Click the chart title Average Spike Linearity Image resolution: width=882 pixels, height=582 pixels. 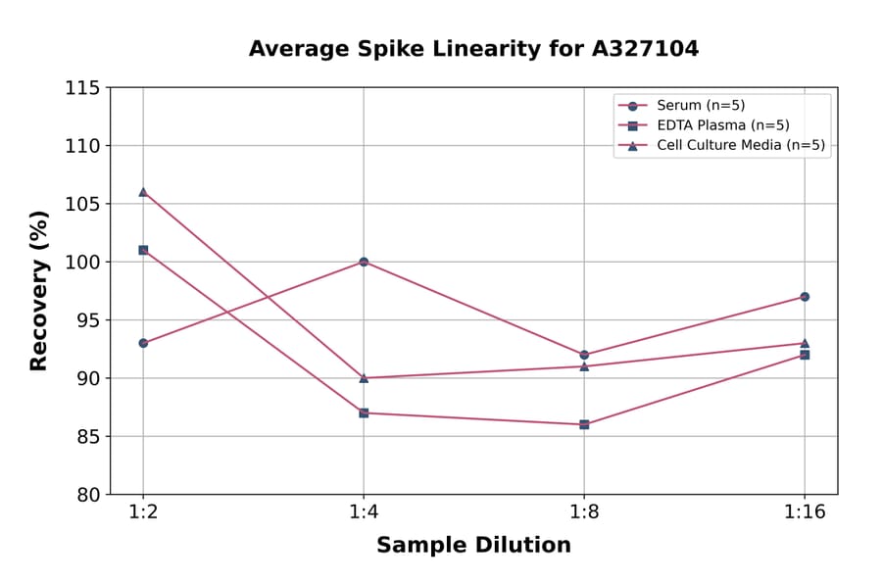[473, 49]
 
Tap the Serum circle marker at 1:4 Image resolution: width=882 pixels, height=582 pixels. [364, 262]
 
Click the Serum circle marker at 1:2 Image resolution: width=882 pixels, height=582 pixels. [143, 343]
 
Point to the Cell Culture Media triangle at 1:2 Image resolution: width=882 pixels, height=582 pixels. [143, 192]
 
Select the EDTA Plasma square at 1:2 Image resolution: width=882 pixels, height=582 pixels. [143, 250]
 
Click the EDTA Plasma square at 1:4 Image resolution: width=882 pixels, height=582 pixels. [364, 412]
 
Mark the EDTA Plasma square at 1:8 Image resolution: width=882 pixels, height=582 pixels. [584, 424]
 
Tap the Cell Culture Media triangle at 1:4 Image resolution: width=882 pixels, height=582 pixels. [364, 377]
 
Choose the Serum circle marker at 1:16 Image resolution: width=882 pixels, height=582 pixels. [805, 297]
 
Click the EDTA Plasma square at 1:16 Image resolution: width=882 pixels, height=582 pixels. [805, 355]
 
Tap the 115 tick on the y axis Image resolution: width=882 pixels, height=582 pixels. [82, 88]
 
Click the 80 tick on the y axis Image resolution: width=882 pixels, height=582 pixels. [87, 495]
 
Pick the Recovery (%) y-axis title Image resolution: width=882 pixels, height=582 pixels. [39, 291]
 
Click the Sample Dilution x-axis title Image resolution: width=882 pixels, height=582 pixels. [473, 546]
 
